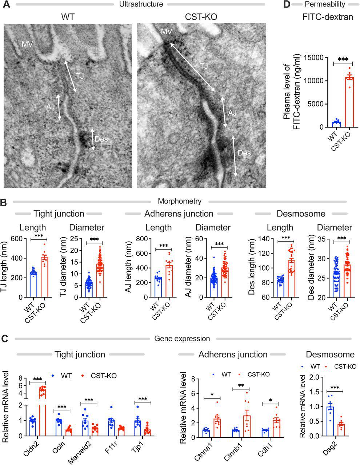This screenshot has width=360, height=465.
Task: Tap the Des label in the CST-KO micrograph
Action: [x=244, y=153]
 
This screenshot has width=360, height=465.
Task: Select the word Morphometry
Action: [x=180, y=201]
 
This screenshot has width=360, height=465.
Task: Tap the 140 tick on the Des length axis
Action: [x=269, y=239]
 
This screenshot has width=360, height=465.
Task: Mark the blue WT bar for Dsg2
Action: [x=330, y=419]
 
